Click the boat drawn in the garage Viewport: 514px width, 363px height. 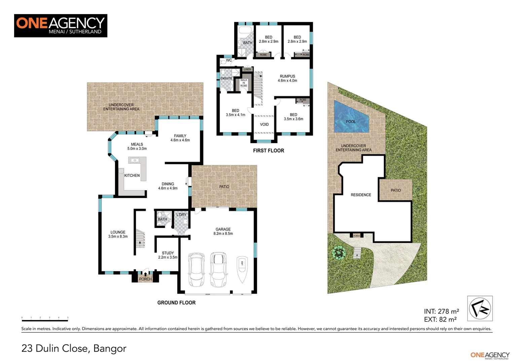(242, 271)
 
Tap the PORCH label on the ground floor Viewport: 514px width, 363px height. (145, 279)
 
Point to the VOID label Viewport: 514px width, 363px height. (264, 124)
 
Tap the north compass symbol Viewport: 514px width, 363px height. (480, 309)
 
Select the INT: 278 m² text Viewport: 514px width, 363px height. (441, 312)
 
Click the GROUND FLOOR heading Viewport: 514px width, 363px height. (176, 303)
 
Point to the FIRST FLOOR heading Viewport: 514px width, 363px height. (268, 151)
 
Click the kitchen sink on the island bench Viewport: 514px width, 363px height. (135, 160)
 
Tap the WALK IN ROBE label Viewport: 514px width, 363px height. (244, 83)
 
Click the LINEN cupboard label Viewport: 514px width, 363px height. (247, 69)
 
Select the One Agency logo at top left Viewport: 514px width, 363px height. (61, 26)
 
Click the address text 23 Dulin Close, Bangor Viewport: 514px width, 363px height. (74, 348)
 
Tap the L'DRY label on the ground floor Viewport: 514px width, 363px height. (181, 215)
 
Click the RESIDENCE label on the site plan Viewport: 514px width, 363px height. (361, 195)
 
